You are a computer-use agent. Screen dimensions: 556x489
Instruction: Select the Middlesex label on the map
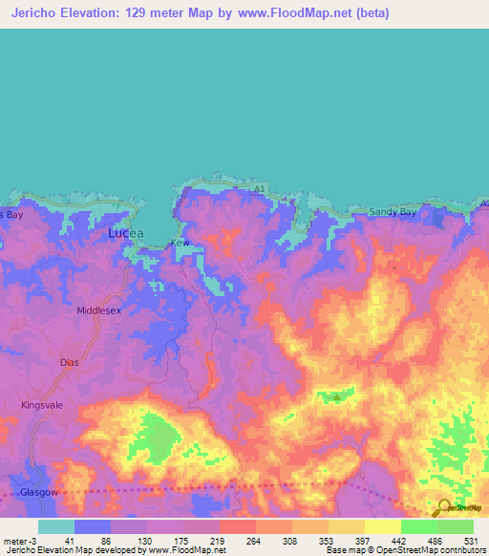(99, 311)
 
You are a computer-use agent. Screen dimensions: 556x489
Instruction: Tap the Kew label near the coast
(180, 244)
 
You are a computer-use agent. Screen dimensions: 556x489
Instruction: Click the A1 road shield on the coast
(258, 190)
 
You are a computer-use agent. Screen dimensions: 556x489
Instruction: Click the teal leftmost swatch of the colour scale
(56, 526)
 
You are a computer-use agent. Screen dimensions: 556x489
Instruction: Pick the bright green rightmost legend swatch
(455, 526)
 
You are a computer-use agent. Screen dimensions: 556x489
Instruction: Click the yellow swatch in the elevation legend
(382, 526)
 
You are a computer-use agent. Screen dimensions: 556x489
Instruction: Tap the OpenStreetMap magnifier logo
(444, 507)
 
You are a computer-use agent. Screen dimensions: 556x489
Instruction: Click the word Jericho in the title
(34, 14)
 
